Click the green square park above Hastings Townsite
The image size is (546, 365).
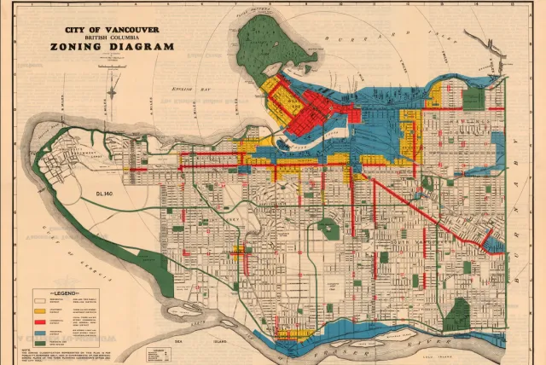point(474,100)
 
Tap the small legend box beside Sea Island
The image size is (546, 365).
point(162,352)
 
